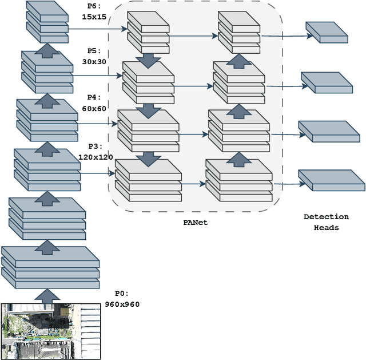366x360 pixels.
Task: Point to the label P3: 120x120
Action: [x=96, y=152]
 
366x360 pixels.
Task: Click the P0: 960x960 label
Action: [x=122, y=299]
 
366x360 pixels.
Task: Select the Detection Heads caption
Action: [x=326, y=222]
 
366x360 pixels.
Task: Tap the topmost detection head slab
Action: [x=327, y=31]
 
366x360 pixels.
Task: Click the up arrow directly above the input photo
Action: [x=47, y=294]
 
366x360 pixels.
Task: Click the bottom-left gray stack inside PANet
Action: [x=148, y=180]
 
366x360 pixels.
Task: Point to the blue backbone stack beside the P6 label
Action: [x=47, y=21]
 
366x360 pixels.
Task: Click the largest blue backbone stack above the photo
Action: [x=50, y=267]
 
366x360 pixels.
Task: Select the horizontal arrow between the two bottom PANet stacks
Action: [x=194, y=184]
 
